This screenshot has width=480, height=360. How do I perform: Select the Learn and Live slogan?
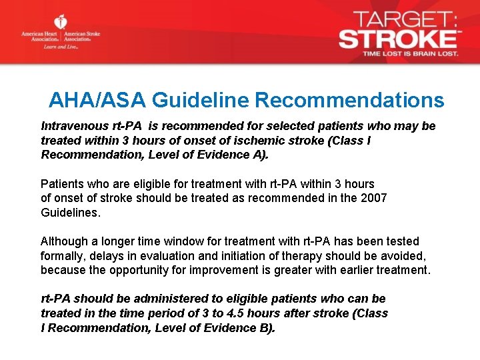pos(61,47)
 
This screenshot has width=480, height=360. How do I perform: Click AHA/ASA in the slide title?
pos(97,100)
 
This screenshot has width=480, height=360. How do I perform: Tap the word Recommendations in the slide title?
pos(349,100)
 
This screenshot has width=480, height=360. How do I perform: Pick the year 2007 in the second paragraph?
pos(373,198)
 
